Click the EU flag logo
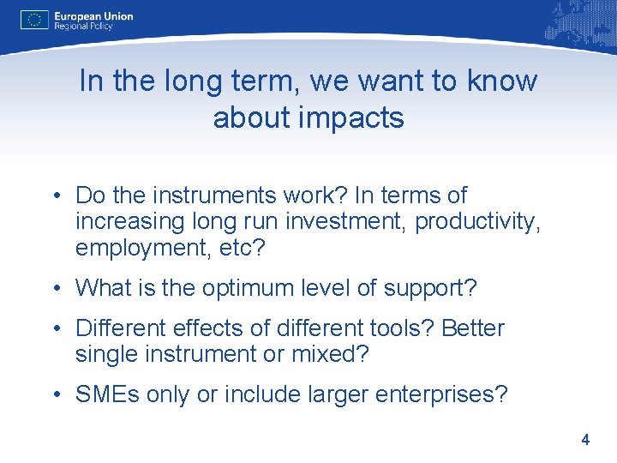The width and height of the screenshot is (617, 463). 33,20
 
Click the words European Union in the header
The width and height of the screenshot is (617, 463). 93,15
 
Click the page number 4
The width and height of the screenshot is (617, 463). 584,440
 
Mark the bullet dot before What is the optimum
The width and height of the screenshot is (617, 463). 57,289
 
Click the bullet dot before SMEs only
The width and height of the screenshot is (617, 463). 57,395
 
